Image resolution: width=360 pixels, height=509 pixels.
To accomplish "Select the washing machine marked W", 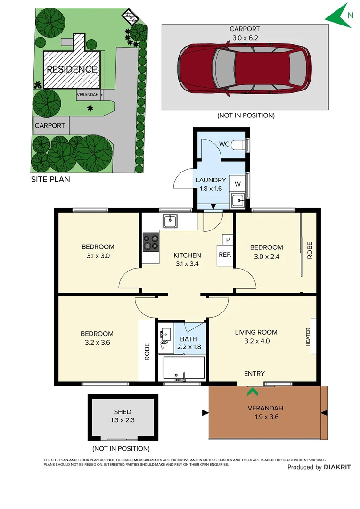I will click(x=237, y=184).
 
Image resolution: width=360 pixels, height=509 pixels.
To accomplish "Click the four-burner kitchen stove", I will click(x=151, y=241).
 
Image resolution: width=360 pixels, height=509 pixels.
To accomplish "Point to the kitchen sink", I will click(x=170, y=220).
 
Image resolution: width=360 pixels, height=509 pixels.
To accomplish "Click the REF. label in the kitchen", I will click(x=224, y=255).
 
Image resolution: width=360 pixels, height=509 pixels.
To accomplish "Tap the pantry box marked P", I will click(x=228, y=240).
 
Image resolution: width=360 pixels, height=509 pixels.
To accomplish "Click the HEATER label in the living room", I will click(x=308, y=337).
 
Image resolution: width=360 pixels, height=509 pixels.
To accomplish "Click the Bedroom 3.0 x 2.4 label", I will click(x=266, y=252).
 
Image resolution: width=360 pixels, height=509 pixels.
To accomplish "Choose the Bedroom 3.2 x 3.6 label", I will click(x=98, y=338).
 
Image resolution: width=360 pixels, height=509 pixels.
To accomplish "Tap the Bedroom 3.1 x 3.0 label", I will click(x=98, y=251).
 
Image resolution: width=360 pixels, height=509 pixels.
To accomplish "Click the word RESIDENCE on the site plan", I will click(x=72, y=69).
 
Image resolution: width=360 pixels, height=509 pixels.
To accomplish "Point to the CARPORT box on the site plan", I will click(x=50, y=126).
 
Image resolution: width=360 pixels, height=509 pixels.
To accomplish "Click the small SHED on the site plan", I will click(x=131, y=18).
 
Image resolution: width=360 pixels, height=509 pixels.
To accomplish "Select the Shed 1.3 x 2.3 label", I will click(x=122, y=416).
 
